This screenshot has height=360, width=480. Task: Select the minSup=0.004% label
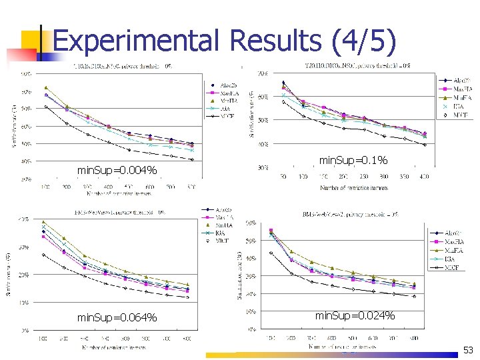pos(117,171)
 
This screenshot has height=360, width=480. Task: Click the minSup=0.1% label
pos(353,161)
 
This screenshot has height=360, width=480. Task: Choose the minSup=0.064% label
pos(117,317)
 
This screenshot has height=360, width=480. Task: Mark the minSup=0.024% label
pos(355,315)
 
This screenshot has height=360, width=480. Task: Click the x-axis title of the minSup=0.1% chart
pos(353,188)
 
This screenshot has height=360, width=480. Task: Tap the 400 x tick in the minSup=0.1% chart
pos(424,177)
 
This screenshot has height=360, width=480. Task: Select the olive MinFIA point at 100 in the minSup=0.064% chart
pos(44,222)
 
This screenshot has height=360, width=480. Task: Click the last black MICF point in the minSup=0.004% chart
pos(192,159)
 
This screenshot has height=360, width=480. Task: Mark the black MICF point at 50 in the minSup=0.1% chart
pos(283,101)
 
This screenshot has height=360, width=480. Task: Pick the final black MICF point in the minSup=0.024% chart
pos(414,296)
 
